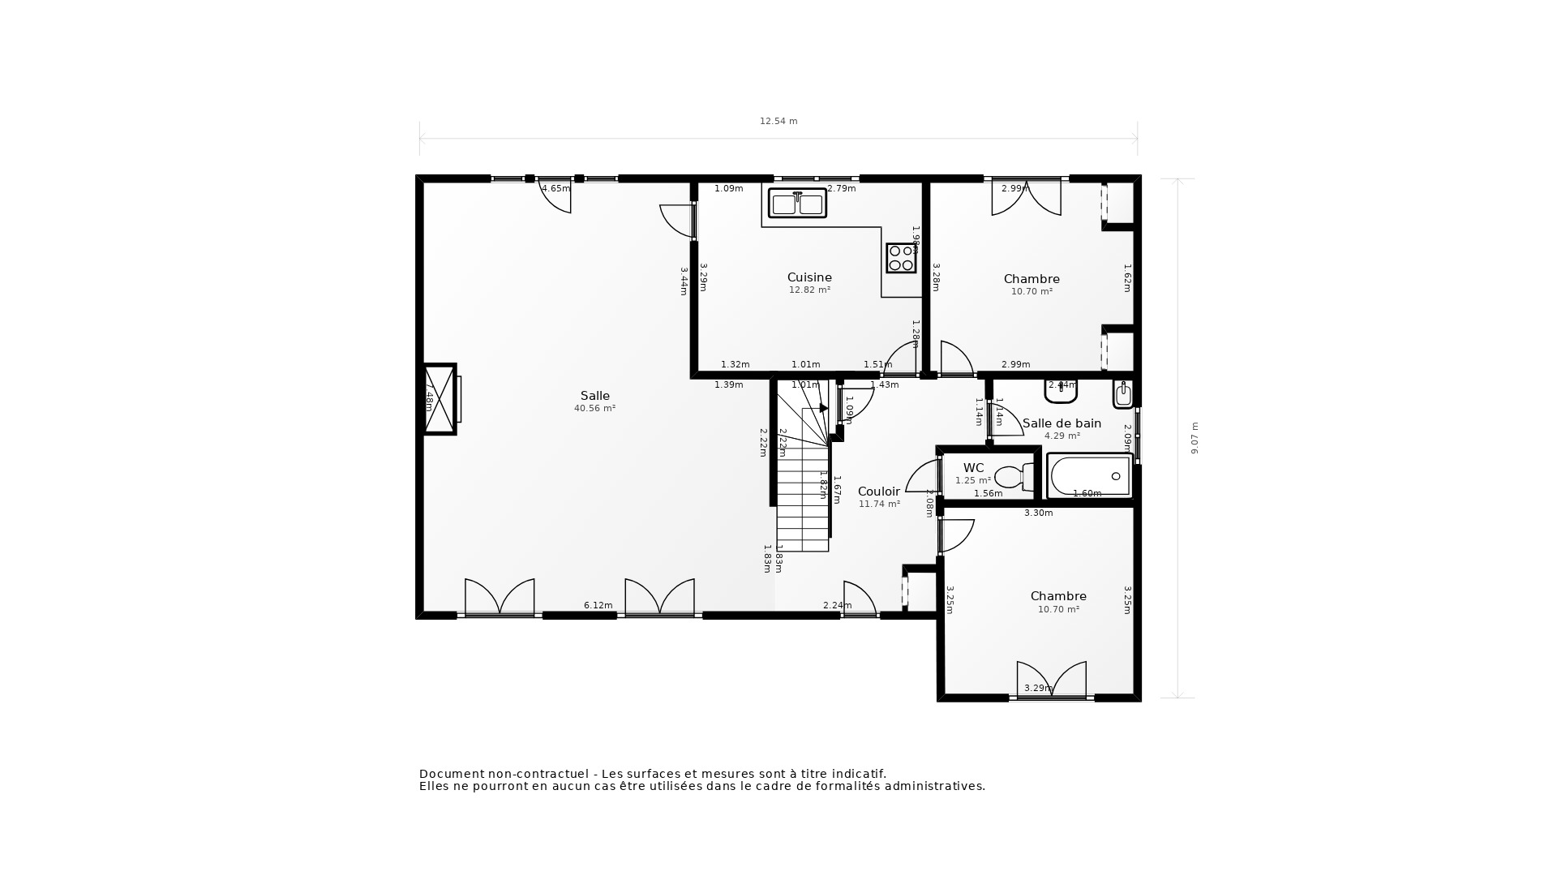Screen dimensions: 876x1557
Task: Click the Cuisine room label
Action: [809, 277]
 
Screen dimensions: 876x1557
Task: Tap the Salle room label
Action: [594, 397]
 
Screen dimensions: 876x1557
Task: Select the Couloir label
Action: [879, 492]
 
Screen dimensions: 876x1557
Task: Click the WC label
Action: [973, 468]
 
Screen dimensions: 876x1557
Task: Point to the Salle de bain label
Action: [1062, 423]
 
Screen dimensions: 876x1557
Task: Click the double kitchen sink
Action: [797, 204]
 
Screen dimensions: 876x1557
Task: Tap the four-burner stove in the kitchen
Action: [901, 258]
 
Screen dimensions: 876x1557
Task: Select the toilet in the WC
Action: [1014, 476]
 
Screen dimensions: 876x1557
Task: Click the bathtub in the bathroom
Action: [1089, 475]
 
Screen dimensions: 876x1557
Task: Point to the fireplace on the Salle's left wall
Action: [440, 399]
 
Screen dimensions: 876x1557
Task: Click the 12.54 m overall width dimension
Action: [778, 122]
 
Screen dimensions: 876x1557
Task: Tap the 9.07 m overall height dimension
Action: [1195, 438]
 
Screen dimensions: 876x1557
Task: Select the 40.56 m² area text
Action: [594, 409]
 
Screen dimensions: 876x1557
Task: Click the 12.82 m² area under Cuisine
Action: [809, 290]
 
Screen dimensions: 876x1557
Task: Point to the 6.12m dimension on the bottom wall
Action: [598, 606]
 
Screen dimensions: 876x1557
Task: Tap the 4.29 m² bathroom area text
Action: [1062, 436]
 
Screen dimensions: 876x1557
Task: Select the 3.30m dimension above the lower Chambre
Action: [1038, 513]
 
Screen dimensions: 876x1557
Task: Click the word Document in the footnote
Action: [453, 775]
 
